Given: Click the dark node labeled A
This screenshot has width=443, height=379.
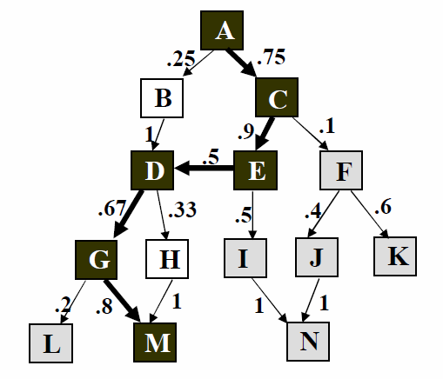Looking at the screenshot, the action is coord(222,30).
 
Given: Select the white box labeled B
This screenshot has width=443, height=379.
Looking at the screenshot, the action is coord(162,98).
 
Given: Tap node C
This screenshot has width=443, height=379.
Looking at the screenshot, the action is coord(277,97).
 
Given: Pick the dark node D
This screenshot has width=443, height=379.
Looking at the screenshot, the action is coord(152,170).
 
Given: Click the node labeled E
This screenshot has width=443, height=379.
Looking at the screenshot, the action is coord(255,170).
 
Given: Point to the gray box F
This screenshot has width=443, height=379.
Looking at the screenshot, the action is coord(341,170).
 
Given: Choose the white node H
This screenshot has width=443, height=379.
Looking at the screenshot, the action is coord(167,259).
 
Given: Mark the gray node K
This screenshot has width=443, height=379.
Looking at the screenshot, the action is coord(395,256).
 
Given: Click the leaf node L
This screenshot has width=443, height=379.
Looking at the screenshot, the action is coord(50,343).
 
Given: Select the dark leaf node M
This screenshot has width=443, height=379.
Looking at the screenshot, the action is coord(155,342).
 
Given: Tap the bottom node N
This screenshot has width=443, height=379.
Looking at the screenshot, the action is coord(308,342).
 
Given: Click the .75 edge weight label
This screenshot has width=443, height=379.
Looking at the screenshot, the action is coord(271,57).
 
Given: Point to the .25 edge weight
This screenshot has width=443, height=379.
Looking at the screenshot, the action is coord(181,58).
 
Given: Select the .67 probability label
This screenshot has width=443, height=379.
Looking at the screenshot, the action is coord(112,209).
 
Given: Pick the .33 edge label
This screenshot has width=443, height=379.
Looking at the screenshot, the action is coord(182,209).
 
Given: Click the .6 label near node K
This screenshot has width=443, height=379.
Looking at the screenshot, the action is coord(383,206).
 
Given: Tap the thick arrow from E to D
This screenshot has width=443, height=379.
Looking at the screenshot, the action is coord(204,168).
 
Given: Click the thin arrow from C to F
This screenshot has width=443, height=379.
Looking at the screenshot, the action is coord(310,134).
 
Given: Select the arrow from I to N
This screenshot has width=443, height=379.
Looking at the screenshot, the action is coord(270,300).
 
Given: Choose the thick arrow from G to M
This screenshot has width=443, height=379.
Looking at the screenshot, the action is coord(123,301).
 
